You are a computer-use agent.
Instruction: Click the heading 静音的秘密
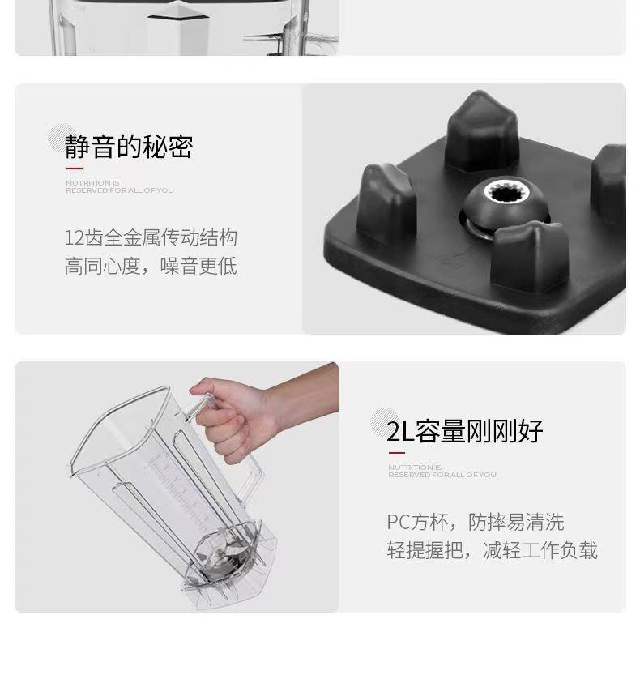129,147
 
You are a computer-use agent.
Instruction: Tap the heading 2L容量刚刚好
464,431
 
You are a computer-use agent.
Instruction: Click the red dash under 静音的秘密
74,169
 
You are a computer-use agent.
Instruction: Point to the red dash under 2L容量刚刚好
396,452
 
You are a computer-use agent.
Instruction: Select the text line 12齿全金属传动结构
151,237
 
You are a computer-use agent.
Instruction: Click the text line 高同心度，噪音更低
151,266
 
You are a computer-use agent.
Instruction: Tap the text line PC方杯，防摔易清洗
476,522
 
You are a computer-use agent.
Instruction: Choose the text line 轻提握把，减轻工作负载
493,550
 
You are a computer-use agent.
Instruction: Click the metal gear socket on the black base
505,191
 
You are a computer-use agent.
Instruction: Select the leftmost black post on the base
386,203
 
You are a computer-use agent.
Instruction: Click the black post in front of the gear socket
531,254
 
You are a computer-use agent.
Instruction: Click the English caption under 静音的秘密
120,186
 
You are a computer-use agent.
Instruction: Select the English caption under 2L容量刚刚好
442,471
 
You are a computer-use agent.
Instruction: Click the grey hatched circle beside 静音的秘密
61,138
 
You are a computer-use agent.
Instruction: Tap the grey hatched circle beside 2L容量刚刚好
384,422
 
